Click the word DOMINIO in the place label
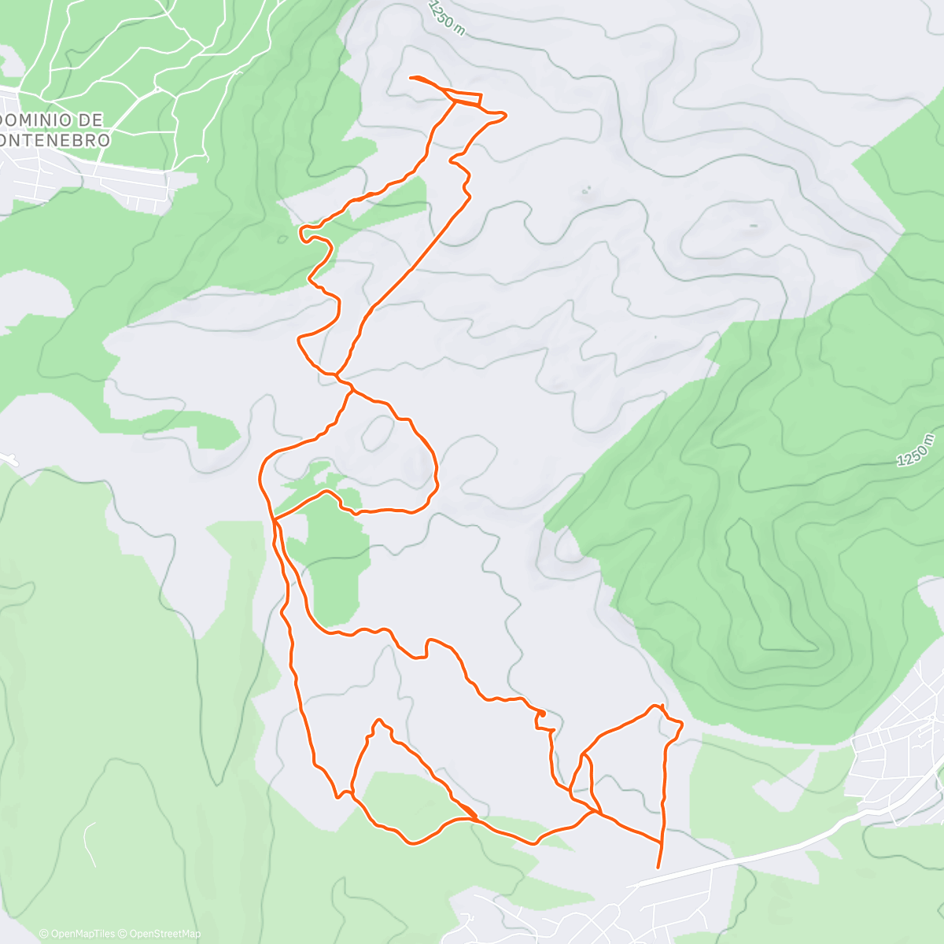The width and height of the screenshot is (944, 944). [37, 120]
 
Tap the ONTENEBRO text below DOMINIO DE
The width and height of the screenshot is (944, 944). [55, 139]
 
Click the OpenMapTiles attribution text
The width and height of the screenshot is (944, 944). [82, 934]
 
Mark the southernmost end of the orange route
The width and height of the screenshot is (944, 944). [658, 867]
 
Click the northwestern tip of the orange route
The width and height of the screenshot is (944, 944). [413, 77]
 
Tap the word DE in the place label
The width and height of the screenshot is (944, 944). [91, 120]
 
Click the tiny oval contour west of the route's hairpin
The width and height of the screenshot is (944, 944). [282, 239]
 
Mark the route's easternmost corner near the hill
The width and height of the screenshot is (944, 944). [680, 723]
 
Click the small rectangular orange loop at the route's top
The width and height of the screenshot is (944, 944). [469, 99]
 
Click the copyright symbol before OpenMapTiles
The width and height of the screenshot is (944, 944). [43, 934]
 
